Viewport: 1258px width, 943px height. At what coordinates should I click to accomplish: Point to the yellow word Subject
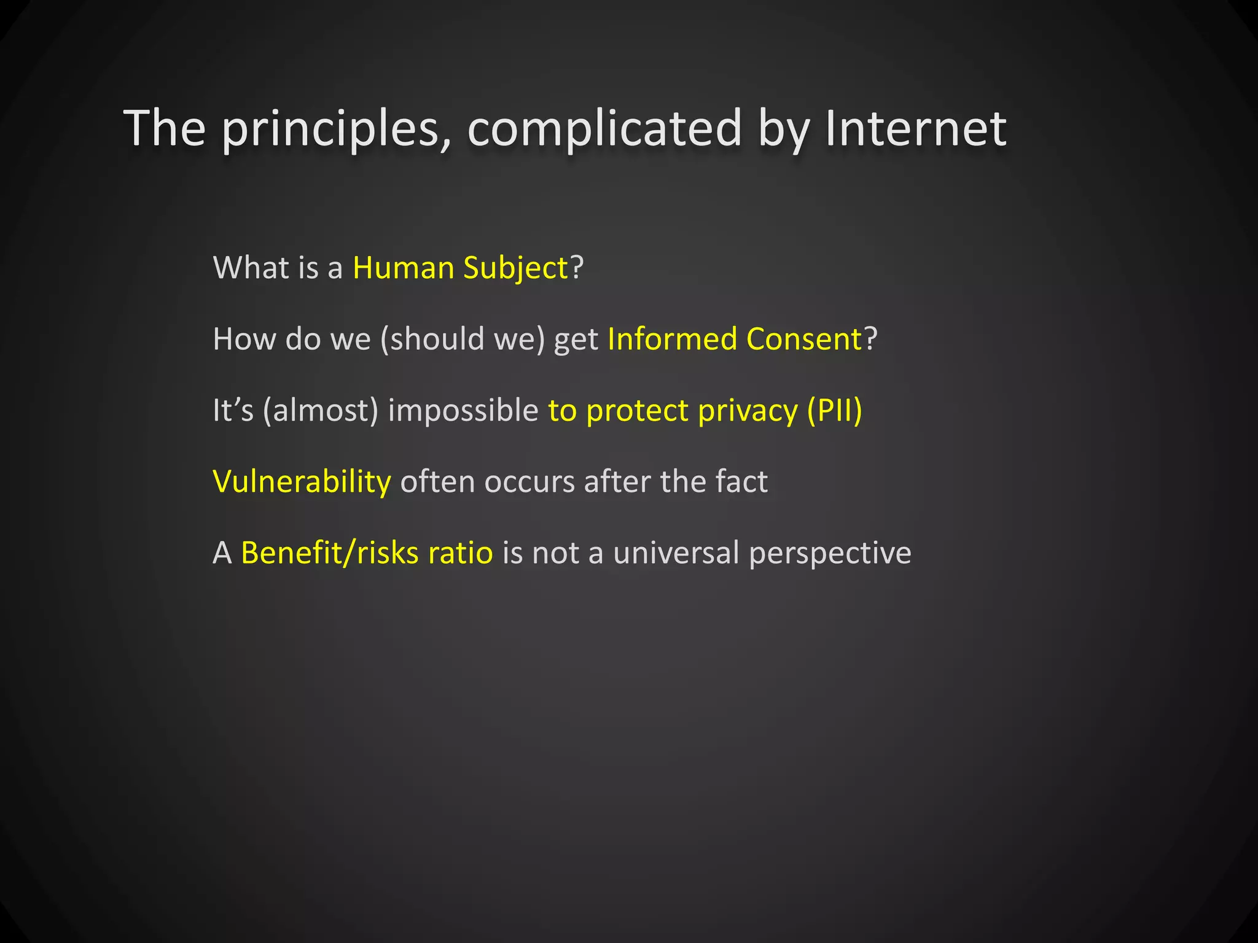pos(516,268)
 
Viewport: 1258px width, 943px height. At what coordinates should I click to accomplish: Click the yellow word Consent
pos(805,339)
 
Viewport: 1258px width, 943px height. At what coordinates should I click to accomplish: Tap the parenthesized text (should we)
pos(462,339)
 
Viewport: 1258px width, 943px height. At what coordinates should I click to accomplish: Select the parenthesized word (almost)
pos(320,410)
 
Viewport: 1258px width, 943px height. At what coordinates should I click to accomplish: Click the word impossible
pos(463,410)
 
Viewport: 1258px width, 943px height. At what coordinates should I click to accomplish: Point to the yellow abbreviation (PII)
pos(834,410)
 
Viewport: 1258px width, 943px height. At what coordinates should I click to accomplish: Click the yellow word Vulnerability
pos(302,481)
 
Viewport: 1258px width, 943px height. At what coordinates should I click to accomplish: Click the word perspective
pos(830,553)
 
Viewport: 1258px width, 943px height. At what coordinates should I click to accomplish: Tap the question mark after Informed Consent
pos(871,339)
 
